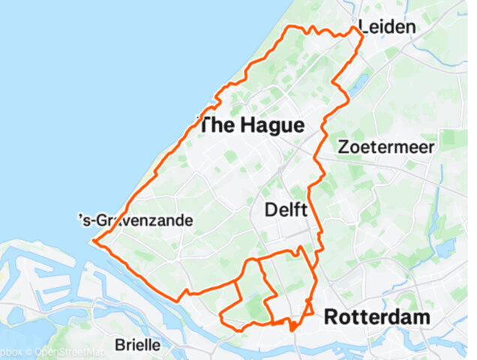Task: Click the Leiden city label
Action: tap(387, 28)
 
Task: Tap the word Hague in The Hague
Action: tap(272, 126)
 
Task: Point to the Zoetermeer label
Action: tap(385, 148)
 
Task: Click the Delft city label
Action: tap(286, 211)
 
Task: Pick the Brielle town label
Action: tap(138, 346)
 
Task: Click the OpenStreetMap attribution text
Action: tap(61, 351)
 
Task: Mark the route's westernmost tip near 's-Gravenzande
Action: tap(93, 241)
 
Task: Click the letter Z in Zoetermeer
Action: tap(343, 148)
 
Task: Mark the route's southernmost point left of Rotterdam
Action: tap(291, 328)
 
